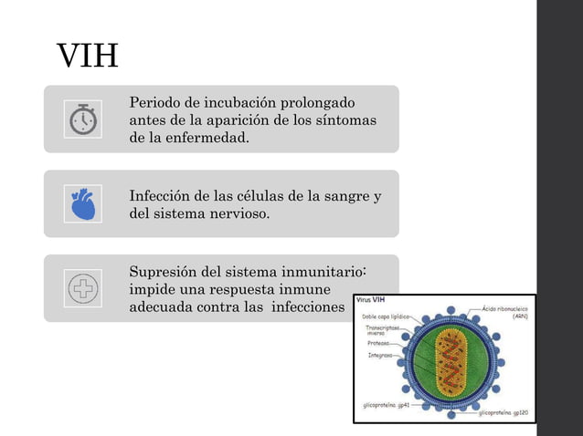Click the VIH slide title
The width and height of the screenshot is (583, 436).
(88, 57)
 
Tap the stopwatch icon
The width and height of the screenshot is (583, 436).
(82, 119)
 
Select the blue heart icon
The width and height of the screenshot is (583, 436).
(82, 203)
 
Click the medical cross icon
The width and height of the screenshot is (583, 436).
(82, 288)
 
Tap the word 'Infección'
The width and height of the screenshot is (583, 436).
(162, 196)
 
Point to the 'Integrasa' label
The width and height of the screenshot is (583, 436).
(380, 355)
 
